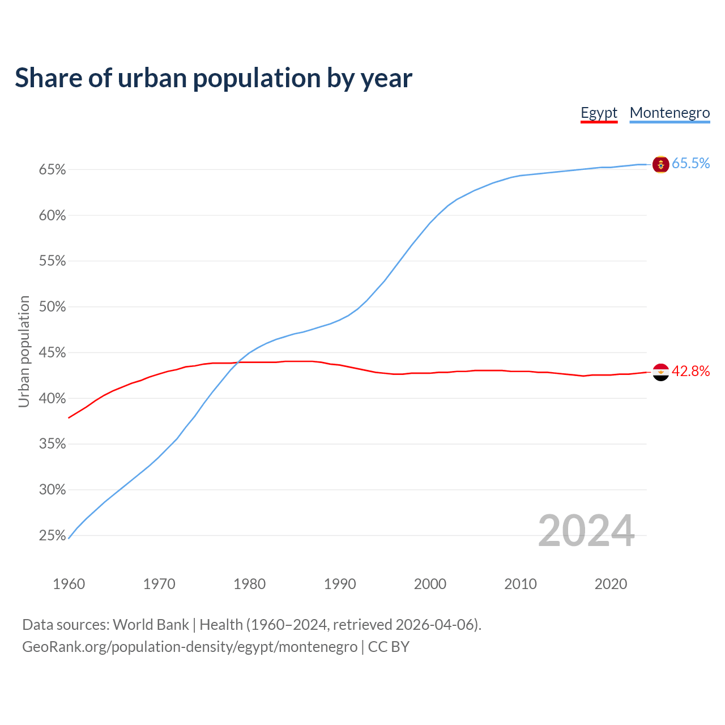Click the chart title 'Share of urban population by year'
[214, 78]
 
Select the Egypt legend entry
[599, 113]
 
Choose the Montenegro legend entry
[669, 113]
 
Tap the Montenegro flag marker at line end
[661, 164]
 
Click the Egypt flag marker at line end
[661, 372]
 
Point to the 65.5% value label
[690, 164]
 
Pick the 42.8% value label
[690, 372]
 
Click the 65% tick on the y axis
[52, 170]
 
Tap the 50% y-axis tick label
[52, 307]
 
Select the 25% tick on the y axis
[52, 536]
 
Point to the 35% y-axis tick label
[52, 444]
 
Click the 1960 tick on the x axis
[69, 584]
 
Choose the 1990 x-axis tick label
[340, 584]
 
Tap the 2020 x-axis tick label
[611, 584]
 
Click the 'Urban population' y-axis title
[24, 351]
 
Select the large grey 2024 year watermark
[586, 531]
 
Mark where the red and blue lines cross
[238, 362]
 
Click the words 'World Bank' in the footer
[151, 625]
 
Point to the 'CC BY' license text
[389, 647]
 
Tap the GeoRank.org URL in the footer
[190, 647]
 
